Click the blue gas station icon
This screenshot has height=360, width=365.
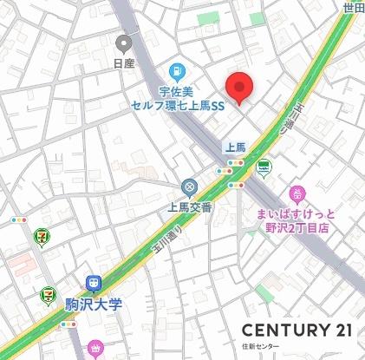(x=177, y=70)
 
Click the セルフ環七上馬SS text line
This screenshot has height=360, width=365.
(x=178, y=105)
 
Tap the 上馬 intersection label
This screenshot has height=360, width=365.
(x=236, y=147)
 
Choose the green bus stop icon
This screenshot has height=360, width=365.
(x=263, y=167)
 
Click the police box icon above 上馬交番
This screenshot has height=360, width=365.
(x=188, y=187)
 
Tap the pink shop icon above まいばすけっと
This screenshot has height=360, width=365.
(x=298, y=193)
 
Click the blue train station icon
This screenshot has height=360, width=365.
(x=93, y=284)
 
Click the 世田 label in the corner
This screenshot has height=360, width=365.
(x=354, y=7)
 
